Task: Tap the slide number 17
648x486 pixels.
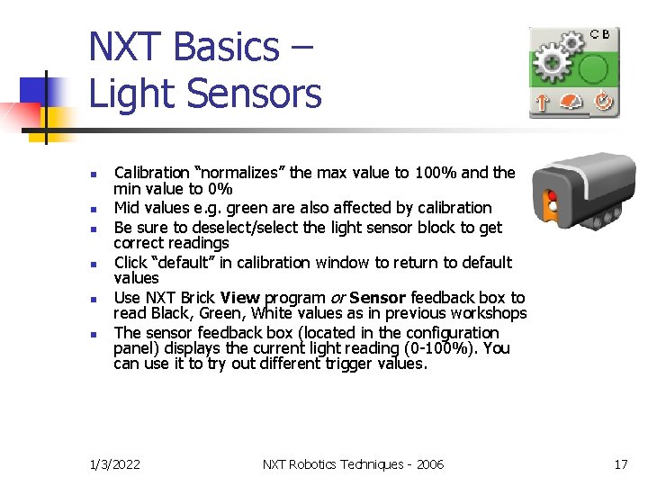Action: point(620,464)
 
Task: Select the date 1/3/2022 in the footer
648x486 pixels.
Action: point(115,464)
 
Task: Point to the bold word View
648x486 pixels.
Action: point(239,297)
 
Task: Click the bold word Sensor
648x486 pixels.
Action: point(377,297)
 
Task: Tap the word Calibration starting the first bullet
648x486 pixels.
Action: point(151,172)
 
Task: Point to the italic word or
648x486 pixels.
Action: point(336,297)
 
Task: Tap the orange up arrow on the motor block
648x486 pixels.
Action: point(542,103)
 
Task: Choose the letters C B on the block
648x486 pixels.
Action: point(600,34)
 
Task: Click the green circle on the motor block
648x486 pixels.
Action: point(593,67)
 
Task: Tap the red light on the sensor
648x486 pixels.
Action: point(551,196)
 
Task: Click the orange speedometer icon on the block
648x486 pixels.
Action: point(572,103)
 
